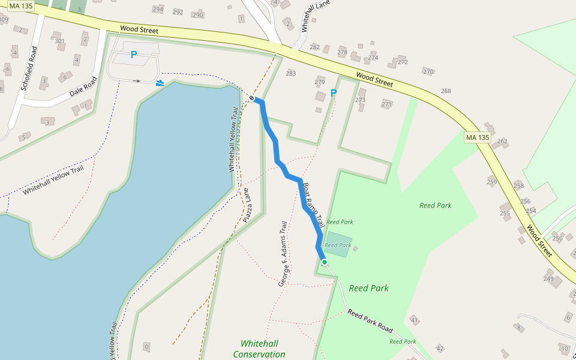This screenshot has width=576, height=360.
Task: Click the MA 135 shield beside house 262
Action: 478,138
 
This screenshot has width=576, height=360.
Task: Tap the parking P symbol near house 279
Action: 334,93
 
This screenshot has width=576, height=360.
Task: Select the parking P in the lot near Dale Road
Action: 134,55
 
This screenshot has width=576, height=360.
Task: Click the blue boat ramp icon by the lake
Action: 160,83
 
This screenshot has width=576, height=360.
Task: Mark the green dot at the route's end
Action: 325,262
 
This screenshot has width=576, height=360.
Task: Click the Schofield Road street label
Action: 29,68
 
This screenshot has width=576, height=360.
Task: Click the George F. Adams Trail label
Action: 284,253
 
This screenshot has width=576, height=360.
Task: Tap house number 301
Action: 59,41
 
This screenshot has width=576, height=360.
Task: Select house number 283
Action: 291,73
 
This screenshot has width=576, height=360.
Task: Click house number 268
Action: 446,91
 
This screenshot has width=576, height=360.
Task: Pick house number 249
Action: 548,278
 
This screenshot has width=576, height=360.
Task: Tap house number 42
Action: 440,348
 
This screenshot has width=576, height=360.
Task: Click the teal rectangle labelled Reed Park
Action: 338,244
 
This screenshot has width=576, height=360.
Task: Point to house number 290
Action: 197,14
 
